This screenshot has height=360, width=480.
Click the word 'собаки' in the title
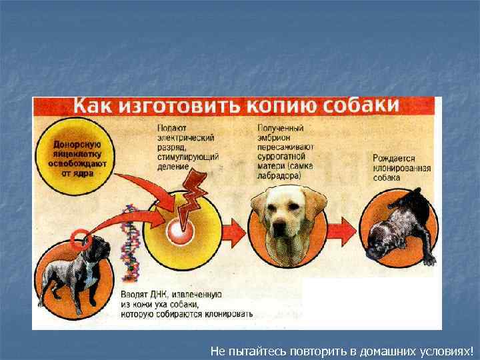[x=361, y=105]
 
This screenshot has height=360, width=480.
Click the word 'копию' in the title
[x=285, y=106]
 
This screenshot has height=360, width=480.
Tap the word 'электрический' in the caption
[x=185, y=137]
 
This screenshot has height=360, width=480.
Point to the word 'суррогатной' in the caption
[x=281, y=155]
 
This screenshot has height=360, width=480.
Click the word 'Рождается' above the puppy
[x=394, y=159]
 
